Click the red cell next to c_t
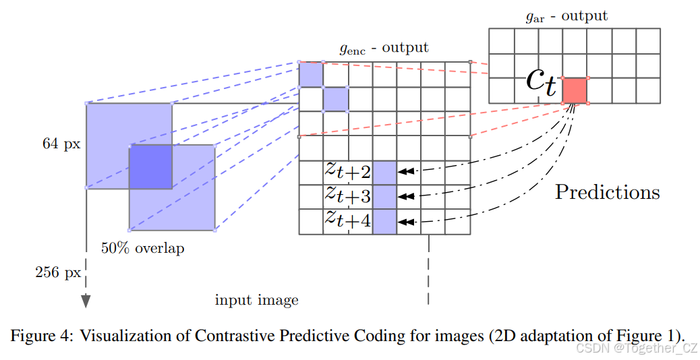(x=575, y=90)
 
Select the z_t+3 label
(x=347, y=196)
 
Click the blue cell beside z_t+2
(x=384, y=173)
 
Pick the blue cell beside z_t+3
(x=384, y=197)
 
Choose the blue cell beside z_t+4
(x=384, y=221)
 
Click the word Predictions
(x=607, y=192)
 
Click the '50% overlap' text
(x=142, y=248)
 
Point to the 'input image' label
(x=256, y=300)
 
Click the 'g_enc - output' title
(x=384, y=49)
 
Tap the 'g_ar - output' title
(x=566, y=16)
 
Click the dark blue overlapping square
(x=150, y=166)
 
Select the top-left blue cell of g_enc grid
(x=311, y=74)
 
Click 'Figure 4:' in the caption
(x=42, y=336)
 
